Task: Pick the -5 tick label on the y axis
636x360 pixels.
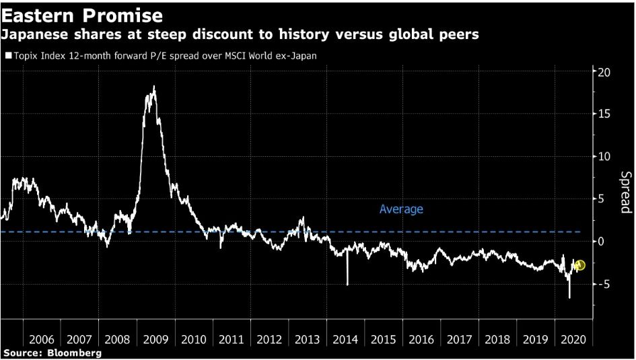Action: point(603,284)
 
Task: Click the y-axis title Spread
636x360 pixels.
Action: point(625,192)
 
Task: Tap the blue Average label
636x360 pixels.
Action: point(401,209)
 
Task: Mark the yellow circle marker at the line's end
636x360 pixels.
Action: point(580,265)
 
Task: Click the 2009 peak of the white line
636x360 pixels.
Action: point(154,87)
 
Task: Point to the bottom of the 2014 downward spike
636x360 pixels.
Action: point(348,285)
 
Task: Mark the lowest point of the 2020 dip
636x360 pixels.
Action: point(569,297)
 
